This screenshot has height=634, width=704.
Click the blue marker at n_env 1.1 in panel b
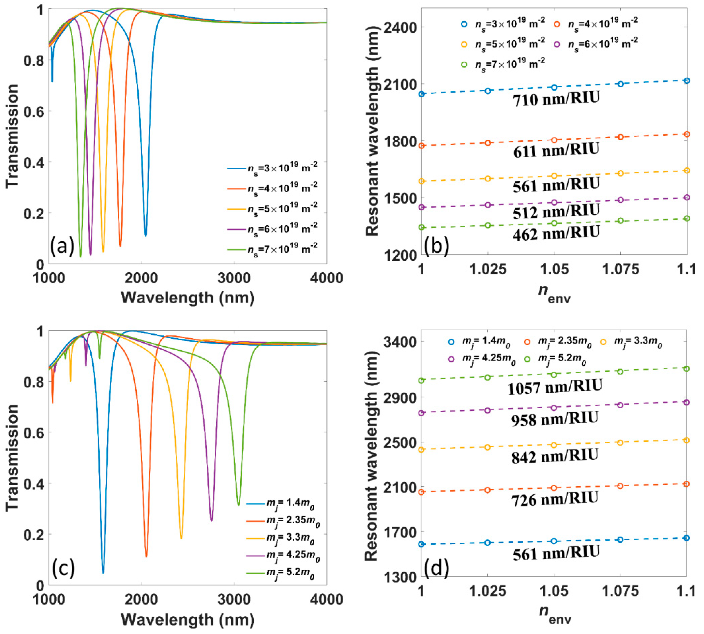click(x=687, y=81)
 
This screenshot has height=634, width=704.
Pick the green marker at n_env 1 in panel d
click(x=421, y=380)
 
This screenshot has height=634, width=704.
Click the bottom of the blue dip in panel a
click(x=146, y=235)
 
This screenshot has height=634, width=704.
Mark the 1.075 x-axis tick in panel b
click(x=620, y=269)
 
